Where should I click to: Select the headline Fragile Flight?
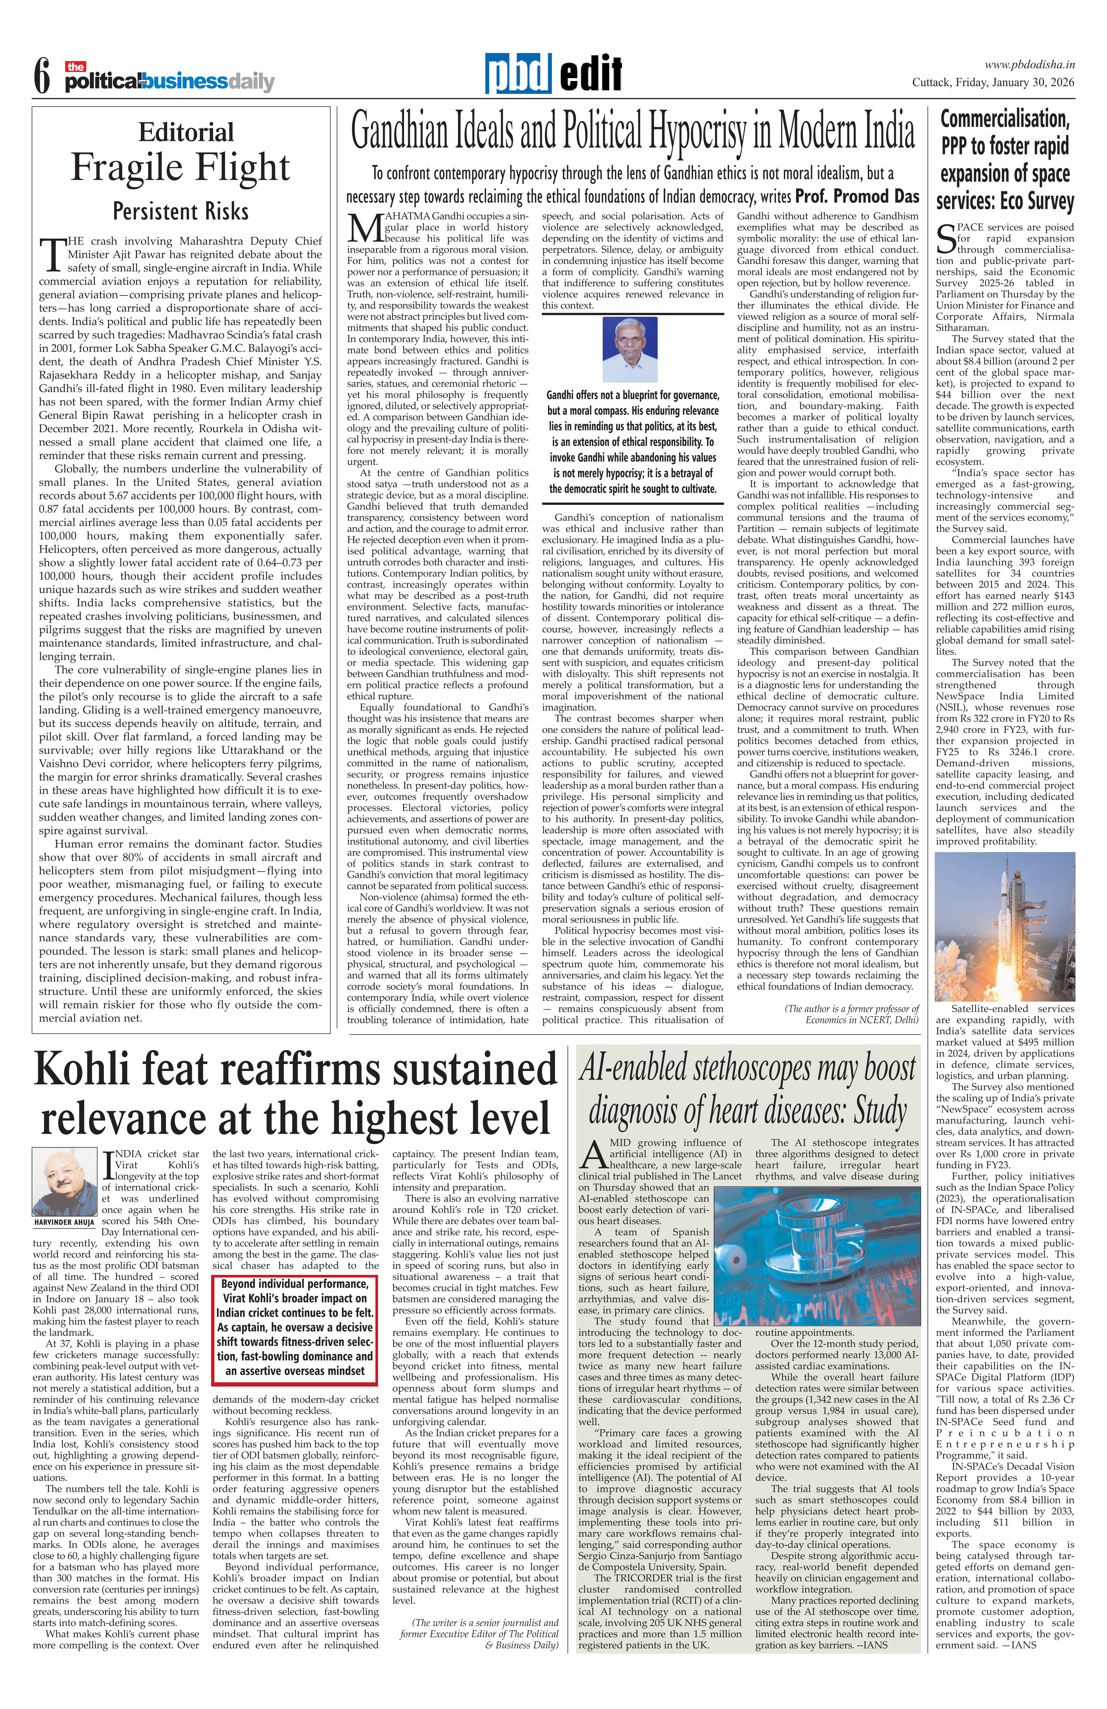[180, 167]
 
